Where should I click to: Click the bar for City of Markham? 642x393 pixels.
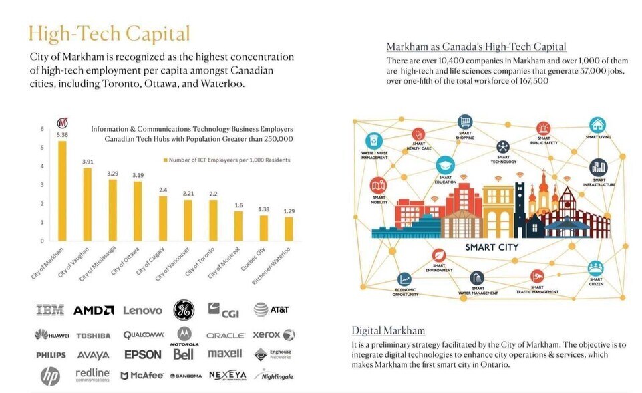pos(62,190)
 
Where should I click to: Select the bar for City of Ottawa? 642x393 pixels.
pos(138,211)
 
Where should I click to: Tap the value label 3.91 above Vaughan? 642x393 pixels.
pos(88,162)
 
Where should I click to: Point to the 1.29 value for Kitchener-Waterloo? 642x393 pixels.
pos(289,211)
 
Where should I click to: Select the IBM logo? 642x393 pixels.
pos(49,310)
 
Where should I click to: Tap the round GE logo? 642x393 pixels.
pos(184,309)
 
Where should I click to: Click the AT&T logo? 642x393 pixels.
pos(271,309)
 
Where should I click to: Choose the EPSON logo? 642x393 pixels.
pos(142,354)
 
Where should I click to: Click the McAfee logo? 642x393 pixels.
pos(142,376)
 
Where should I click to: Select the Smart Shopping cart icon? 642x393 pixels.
pos(465,122)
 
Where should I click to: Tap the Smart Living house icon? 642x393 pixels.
pos(597,124)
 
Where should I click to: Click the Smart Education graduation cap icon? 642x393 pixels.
pos(445,164)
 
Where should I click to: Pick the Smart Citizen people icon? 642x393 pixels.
pos(595,268)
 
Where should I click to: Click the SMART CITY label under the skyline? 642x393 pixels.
pos(492,247)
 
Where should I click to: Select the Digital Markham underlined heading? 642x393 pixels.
pos(388,330)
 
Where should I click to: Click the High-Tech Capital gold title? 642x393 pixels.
pos(109,33)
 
